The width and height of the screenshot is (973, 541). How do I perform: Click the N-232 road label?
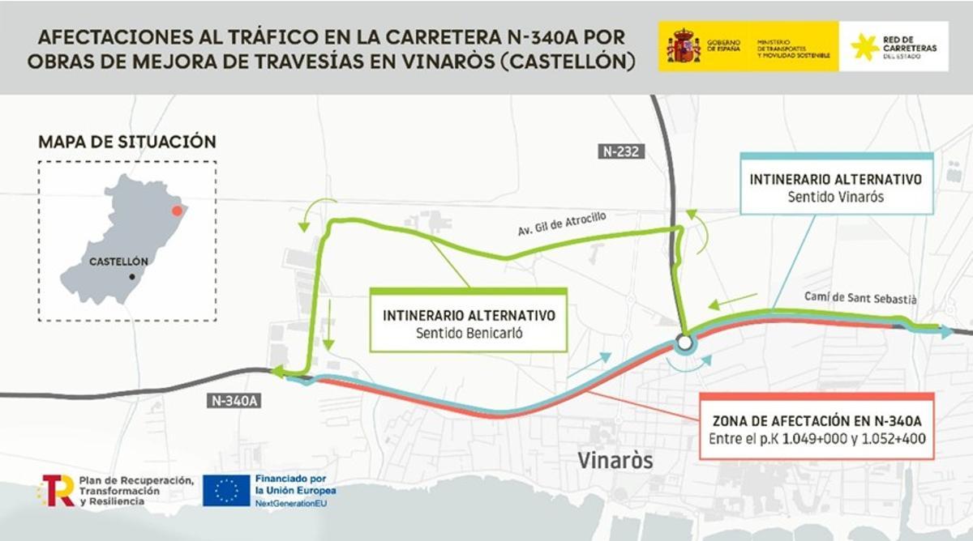click(621, 151)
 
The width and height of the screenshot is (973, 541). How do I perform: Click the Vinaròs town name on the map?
click(615, 460)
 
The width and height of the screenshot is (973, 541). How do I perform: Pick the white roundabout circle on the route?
click(684, 343)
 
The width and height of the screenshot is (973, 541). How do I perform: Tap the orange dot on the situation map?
click(177, 210)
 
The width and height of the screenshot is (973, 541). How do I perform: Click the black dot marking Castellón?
click(131, 277)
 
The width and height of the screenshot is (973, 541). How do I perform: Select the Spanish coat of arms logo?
click(683, 47)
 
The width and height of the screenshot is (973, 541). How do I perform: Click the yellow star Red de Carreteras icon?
click(864, 47)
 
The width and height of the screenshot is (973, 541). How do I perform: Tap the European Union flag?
click(226, 490)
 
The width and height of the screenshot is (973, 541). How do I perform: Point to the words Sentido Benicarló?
click(468, 331)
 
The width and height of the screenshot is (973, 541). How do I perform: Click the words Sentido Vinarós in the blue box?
click(835, 197)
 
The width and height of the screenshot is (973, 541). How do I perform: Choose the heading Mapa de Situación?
click(127, 142)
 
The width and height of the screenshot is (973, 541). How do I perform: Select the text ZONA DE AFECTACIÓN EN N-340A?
click(817, 422)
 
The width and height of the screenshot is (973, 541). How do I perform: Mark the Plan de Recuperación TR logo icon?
click(57, 490)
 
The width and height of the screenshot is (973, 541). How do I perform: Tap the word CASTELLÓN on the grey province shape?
click(118, 262)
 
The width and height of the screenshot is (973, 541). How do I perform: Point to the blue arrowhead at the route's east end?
click(946, 331)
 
